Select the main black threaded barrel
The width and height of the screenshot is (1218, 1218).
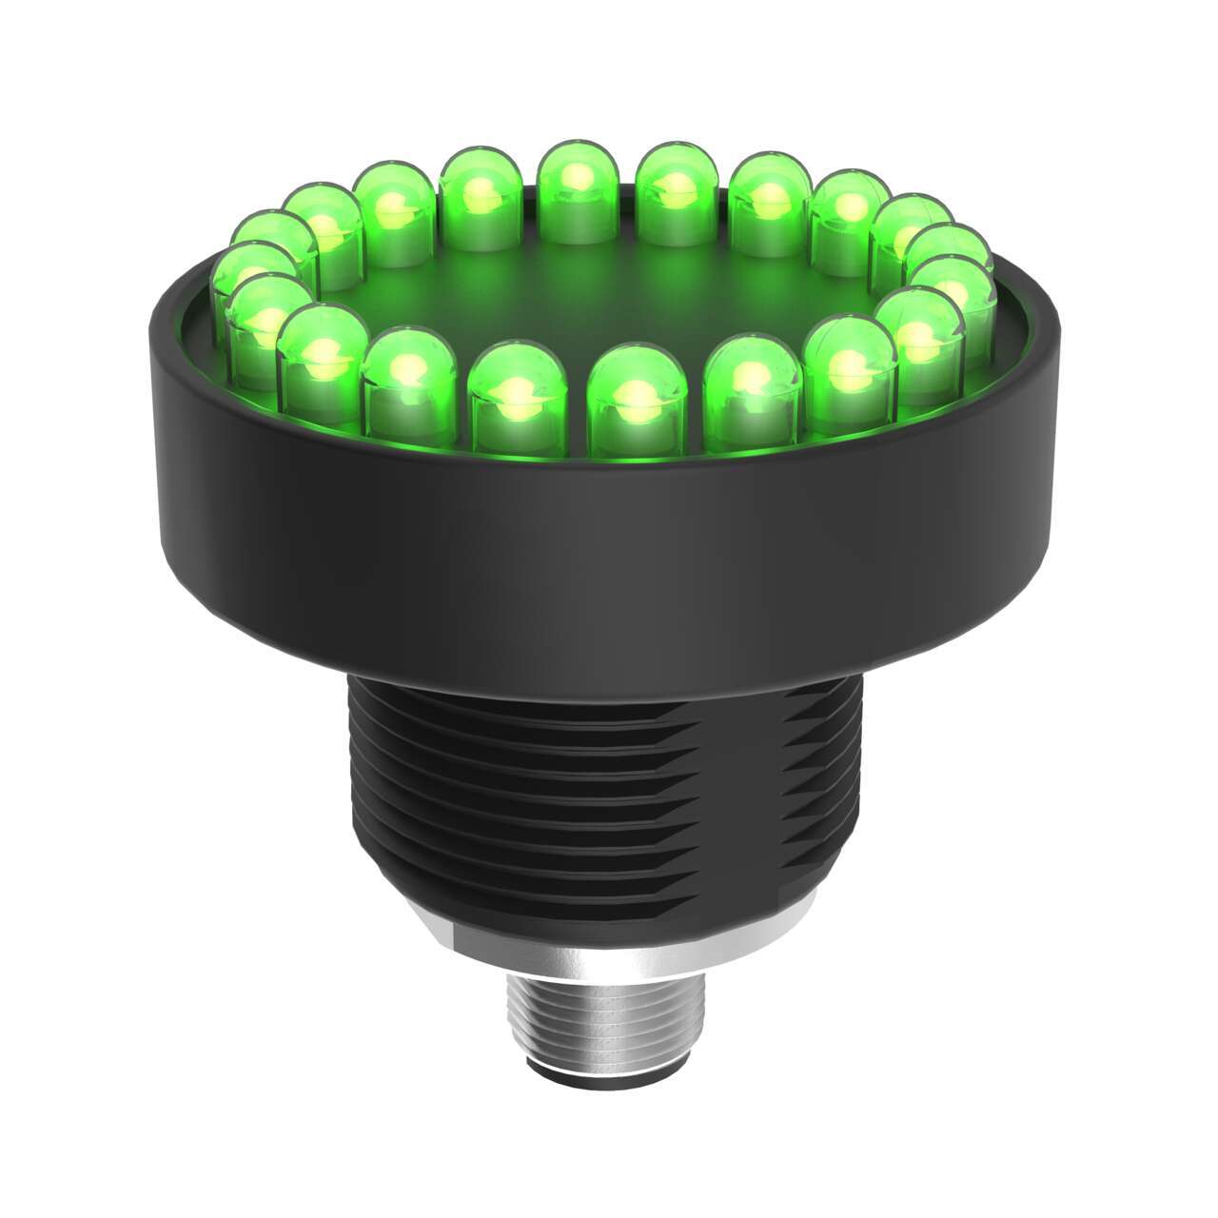pyautogui.click(x=571, y=790)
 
